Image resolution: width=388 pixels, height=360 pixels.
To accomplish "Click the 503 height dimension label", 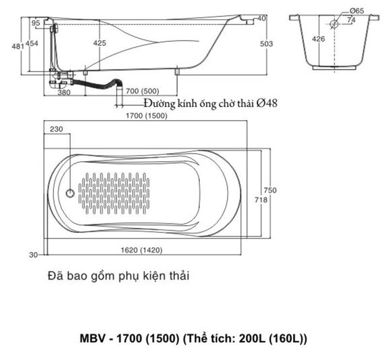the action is point(266,44).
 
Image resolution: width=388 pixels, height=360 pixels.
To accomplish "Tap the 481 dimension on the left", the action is point(18,46).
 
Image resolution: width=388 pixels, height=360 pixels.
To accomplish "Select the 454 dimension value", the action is point(32,43).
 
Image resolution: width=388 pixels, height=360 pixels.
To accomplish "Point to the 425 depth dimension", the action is point(99,43).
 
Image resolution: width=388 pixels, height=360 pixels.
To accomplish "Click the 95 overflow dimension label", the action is point(35,23).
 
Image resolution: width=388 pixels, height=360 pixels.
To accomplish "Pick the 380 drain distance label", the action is point(64,92).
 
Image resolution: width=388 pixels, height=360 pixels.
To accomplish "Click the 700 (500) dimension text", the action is point(142,91).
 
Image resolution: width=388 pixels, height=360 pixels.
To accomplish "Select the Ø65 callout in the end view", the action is point(356,11).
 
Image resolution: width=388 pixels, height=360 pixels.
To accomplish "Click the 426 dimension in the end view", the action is point(319,39).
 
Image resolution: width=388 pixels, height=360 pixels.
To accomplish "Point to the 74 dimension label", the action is point(351,20).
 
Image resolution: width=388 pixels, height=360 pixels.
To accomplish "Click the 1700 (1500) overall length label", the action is point(146,115).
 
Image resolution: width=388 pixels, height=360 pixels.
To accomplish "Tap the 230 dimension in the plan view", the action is point(56,129).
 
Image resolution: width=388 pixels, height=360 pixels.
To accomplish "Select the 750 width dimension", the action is point(270,190).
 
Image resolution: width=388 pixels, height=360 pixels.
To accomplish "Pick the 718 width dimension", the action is point(261,199).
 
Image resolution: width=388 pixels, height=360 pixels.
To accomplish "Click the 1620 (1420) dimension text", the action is point(142,250).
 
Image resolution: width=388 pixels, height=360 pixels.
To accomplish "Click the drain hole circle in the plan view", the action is point(70,194).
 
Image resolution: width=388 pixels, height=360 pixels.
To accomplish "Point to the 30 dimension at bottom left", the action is point(33,255).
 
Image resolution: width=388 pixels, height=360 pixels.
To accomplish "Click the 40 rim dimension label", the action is point(261,18).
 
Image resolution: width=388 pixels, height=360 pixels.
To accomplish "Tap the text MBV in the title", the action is point(93,338).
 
